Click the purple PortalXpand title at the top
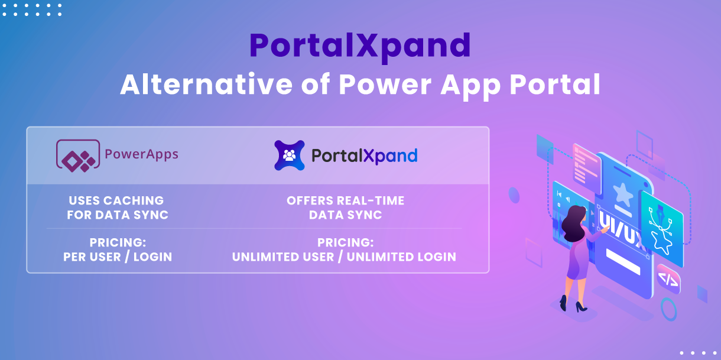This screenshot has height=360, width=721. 359,47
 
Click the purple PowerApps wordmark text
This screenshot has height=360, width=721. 141,155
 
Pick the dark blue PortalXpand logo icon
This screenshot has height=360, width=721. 290,155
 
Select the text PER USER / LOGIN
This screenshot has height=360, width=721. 118,257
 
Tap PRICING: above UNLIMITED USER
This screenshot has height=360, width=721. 345,243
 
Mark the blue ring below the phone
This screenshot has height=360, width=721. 668,309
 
